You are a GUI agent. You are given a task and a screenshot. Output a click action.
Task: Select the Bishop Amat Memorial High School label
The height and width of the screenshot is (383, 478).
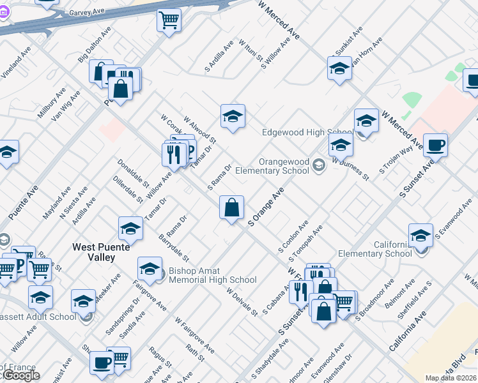(x=212, y=275)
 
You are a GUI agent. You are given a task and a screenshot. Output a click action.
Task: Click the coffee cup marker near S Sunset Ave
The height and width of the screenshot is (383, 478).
(x=435, y=146)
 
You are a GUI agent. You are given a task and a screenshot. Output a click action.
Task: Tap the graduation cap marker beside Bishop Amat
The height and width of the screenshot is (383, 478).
(x=150, y=269)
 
